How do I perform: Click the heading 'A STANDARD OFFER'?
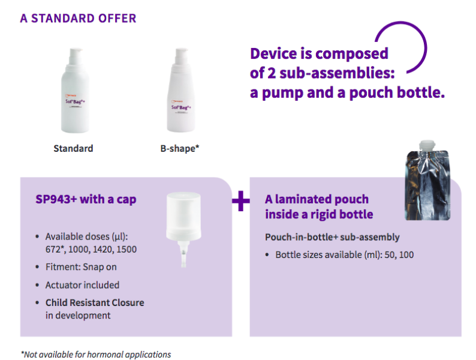(x=78, y=19)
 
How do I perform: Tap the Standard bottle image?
(x=76, y=90)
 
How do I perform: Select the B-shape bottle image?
(x=181, y=90)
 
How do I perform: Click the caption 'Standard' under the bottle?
(x=73, y=149)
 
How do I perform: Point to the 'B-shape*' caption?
(x=180, y=149)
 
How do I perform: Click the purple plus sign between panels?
(x=241, y=201)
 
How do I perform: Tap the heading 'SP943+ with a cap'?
(x=86, y=199)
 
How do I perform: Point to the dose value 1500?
(x=126, y=250)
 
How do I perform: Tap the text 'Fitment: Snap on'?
(x=81, y=267)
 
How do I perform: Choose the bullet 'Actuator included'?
(x=82, y=285)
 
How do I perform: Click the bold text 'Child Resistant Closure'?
(x=95, y=303)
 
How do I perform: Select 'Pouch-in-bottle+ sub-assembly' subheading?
(x=332, y=237)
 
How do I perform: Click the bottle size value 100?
(x=406, y=255)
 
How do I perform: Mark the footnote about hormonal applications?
(x=96, y=355)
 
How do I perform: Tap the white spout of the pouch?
(x=427, y=146)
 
